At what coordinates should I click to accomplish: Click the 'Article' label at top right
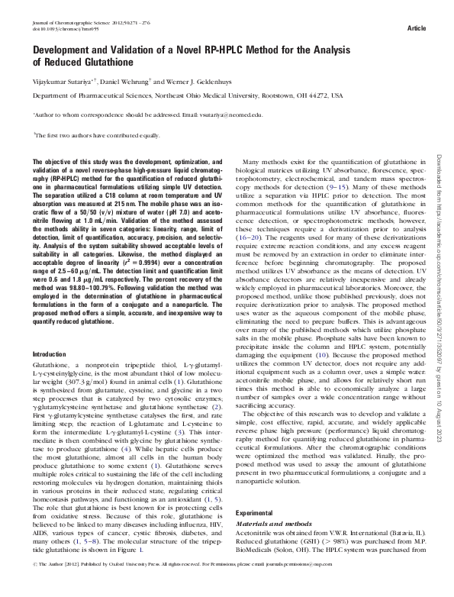click(x=417, y=28)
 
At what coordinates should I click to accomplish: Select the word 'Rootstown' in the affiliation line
click(x=279, y=95)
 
